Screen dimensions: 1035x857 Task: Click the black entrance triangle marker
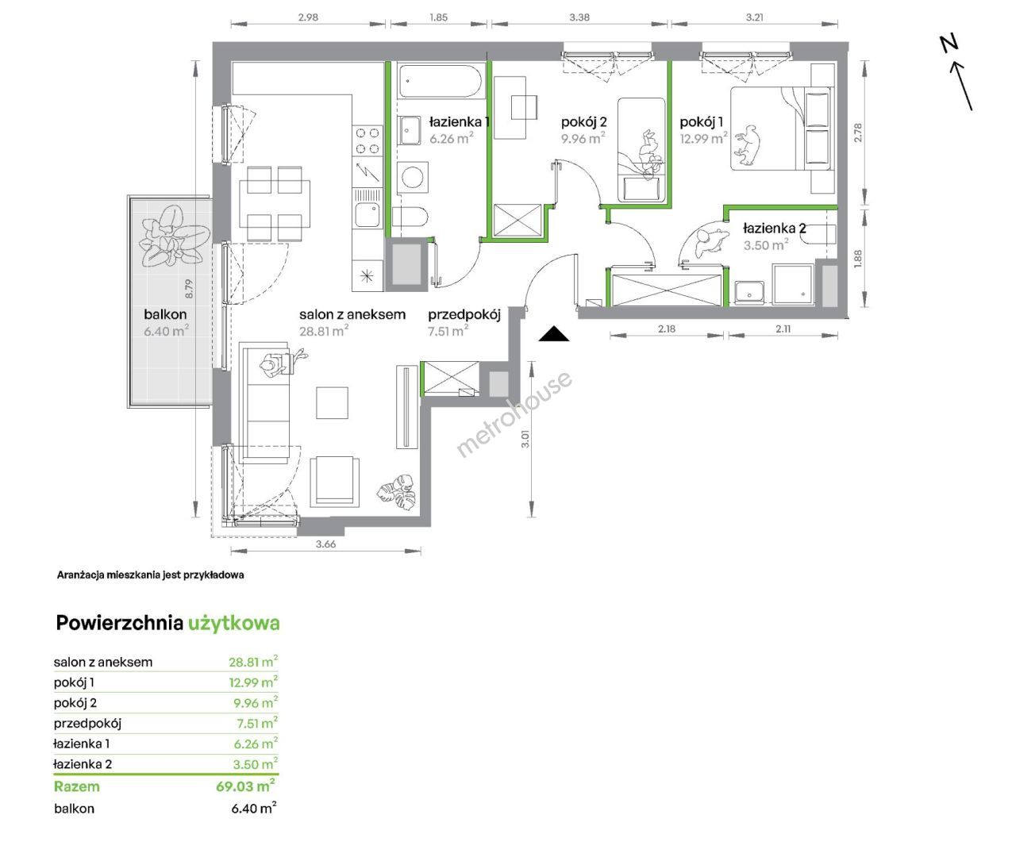point(554,335)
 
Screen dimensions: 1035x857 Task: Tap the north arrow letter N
point(948,44)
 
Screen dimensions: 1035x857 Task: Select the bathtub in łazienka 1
point(440,81)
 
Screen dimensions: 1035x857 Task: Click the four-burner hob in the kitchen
point(367,140)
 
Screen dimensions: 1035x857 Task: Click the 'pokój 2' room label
point(583,122)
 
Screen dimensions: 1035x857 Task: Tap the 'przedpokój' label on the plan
point(464,314)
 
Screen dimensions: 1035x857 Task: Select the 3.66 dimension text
point(325,544)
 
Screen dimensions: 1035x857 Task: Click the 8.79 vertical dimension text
point(189,289)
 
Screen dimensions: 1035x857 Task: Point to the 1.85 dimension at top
point(438,17)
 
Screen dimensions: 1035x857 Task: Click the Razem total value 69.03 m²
point(245,786)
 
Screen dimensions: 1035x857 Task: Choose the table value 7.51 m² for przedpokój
point(257,723)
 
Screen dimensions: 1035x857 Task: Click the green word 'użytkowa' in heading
point(233,623)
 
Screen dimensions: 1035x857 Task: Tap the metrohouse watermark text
point(514,414)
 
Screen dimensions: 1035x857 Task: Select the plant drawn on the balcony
point(174,236)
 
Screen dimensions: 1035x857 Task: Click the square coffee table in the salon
point(332,403)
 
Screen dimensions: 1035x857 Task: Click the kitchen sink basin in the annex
point(367,214)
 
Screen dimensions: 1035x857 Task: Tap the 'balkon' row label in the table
point(74,809)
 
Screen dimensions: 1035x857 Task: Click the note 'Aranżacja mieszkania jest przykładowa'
point(150,575)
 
